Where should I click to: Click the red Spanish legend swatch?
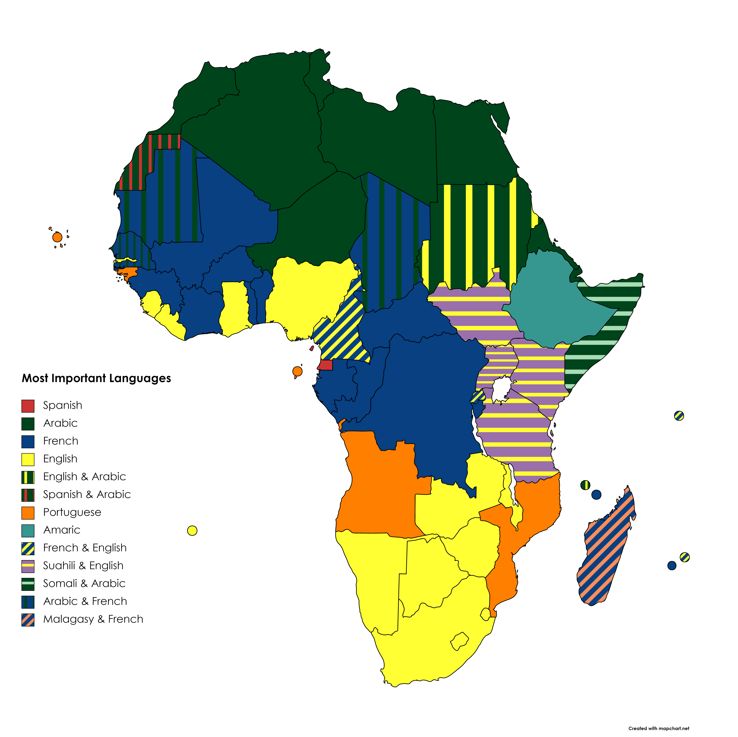(x=28, y=406)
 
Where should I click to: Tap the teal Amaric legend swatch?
(x=28, y=530)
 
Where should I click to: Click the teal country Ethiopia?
(x=554, y=302)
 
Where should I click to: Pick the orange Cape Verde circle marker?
(x=57, y=237)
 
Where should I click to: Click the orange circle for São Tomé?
(x=297, y=371)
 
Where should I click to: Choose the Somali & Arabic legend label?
(x=84, y=583)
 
